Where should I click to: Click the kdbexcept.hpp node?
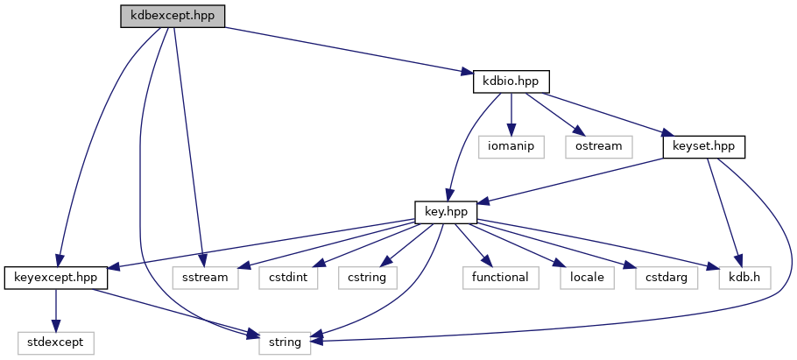(x=173, y=16)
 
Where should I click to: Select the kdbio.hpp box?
(x=511, y=81)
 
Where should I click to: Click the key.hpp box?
(x=446, y=212)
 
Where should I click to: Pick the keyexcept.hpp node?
(x=56, y=278)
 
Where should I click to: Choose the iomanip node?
(x=511, y=146)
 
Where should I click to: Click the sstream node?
(x=205, y=278)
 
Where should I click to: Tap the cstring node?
(x=367, y=278)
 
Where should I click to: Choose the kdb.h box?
(x=738, y=278)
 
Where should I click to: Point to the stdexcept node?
(x=56, y=342)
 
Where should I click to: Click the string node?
(x=286, y=342)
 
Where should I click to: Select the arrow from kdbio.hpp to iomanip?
(x=511, y=114)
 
